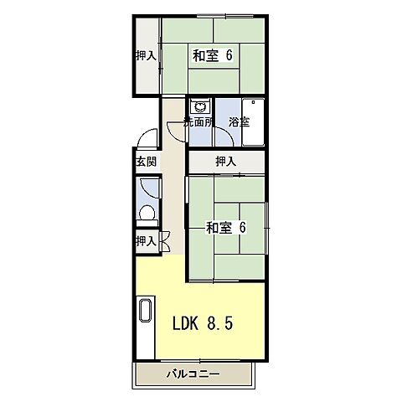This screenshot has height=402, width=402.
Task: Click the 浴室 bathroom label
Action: (x=239, y=122)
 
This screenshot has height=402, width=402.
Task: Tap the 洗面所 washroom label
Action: (x=198, y=122)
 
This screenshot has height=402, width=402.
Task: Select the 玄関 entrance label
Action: (x=146, y=162)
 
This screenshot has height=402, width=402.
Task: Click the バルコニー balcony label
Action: (x=193, y=374)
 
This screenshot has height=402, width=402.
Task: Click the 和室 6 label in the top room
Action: (x=213, y=57)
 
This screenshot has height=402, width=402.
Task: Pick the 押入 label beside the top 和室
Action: (x=146, y=56)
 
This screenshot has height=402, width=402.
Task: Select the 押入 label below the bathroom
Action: (x=224, y=160)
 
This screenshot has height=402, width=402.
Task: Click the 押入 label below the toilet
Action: (x=146, y=241)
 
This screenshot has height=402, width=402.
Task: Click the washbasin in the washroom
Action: (x=198, y=107)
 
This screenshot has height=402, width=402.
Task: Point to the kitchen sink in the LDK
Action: (x=145, y=310)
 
